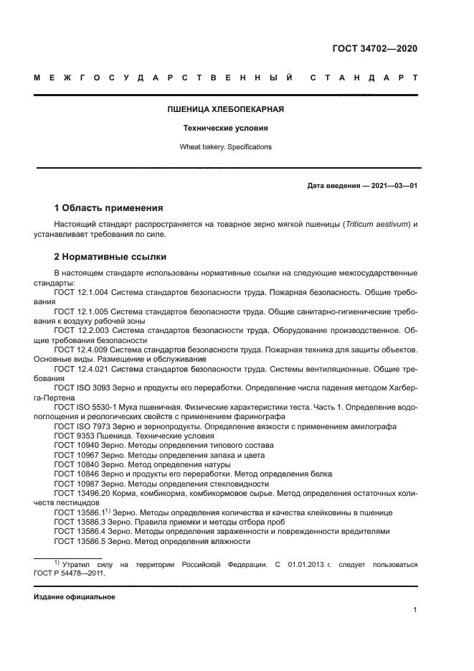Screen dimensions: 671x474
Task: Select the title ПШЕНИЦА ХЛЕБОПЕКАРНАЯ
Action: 226,110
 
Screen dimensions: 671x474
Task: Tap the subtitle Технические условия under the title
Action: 226,128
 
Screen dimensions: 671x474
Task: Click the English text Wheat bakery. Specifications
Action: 226,146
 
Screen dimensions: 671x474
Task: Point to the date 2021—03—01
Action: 392,186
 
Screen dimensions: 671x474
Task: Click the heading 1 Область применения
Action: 108,208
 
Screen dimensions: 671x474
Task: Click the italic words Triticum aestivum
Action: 376,225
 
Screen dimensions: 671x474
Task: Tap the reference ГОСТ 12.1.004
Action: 81,294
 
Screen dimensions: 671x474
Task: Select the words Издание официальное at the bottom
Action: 74,597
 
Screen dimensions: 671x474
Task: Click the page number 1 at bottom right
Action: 415,610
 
